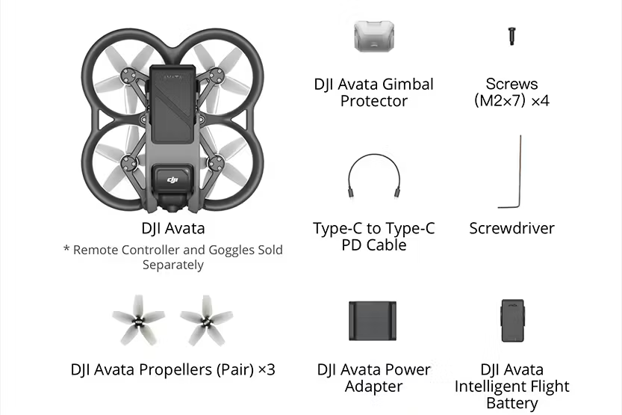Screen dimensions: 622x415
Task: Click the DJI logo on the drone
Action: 172,180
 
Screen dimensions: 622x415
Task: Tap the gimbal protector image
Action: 374,37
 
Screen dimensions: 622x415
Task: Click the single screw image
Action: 511,36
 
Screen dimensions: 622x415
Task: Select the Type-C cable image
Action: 374,176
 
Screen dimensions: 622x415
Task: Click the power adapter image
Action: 373,321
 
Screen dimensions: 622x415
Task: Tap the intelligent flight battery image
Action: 512,321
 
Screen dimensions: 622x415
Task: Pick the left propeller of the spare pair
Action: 138,320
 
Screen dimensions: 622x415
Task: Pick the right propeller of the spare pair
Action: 206,320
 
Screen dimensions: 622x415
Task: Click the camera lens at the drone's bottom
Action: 172,208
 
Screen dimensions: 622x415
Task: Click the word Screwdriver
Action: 511,228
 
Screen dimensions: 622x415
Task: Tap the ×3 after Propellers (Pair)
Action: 267,369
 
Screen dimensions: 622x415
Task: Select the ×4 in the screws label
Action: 541,100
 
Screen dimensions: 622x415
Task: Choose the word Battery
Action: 512,403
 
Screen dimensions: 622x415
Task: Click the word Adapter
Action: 373,387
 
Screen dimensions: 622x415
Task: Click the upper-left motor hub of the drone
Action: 128,75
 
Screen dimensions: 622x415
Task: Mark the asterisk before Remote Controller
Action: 66,249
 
